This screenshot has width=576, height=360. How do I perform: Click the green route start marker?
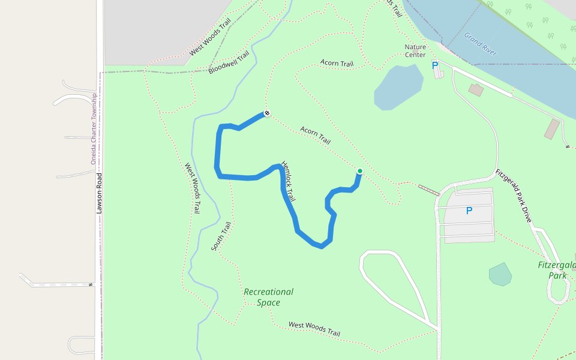click(360, 171)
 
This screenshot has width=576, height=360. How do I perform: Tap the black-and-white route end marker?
click(266, 113)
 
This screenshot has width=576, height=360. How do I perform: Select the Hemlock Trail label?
click(289, 181)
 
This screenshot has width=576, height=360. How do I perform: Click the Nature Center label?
click(415, 51)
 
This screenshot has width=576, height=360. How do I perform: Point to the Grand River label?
click(480, 44)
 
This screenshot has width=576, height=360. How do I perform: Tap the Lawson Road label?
click(100, 193)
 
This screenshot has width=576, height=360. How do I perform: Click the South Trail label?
click(221, 236)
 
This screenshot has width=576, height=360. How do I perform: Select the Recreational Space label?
click(268, 297)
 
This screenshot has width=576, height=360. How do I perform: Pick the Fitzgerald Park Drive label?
click(514, 196)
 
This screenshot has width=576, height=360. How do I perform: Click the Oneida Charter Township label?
click(94, 129)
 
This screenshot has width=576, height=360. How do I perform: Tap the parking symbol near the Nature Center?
click(435, 65)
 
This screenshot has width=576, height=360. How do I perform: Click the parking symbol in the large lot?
click(469, 211)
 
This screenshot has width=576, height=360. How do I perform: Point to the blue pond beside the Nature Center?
click(398, 87)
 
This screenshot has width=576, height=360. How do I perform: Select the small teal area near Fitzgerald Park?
click(500, 274)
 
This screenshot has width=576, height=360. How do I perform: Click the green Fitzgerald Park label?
click(557, 270)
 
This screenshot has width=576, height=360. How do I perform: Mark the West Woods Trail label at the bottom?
click(314, 329)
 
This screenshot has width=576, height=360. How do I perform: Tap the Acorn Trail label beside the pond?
click(337, 63)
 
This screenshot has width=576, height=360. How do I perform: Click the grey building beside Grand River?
click(551, 129)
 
